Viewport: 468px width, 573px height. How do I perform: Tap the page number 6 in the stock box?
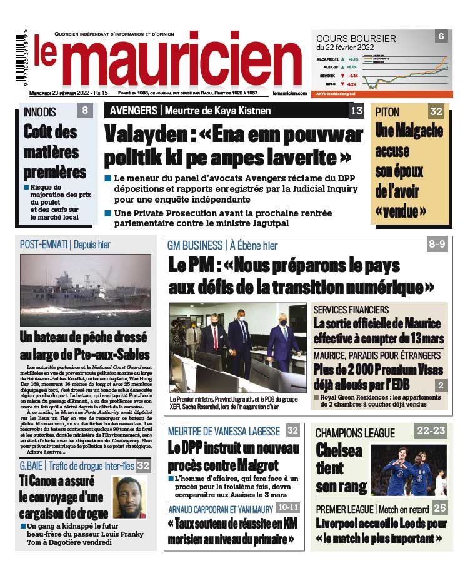441,36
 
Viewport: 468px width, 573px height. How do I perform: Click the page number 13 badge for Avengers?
356,111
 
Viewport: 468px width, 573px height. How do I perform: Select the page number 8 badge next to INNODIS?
85,111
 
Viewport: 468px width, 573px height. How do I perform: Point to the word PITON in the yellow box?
388,112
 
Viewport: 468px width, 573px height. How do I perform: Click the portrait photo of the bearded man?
129,497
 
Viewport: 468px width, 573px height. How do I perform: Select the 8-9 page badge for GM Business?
437,245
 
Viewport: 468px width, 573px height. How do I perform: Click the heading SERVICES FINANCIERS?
351,310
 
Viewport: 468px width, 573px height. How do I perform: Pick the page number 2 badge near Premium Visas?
440,386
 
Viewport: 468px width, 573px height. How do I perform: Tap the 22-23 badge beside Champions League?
432,430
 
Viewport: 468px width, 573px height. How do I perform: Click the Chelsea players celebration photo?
409,470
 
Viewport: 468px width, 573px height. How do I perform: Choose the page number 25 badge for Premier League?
440,508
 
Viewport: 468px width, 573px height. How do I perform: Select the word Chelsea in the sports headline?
339,450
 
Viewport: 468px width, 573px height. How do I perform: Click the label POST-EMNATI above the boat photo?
44,245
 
